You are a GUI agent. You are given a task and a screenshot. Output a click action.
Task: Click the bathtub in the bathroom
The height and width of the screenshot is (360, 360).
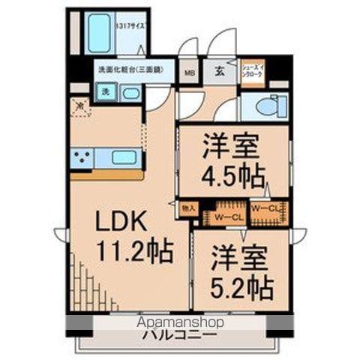tap(100, 33)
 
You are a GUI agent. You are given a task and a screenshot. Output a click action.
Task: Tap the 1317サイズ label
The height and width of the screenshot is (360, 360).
tap(131, 25)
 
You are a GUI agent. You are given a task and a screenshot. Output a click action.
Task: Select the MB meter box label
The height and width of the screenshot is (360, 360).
tap(190, 73)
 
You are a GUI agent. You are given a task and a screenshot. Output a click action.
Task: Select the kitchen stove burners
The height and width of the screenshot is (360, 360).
tap(82, 157)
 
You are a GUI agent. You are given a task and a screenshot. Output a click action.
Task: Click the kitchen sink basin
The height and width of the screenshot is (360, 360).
tap(125, 157)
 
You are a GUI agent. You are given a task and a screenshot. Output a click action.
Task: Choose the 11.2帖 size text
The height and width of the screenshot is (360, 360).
tap(135, 250)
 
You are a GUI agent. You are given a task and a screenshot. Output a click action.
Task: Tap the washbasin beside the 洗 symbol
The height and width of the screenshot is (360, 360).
tap(131, 93)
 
